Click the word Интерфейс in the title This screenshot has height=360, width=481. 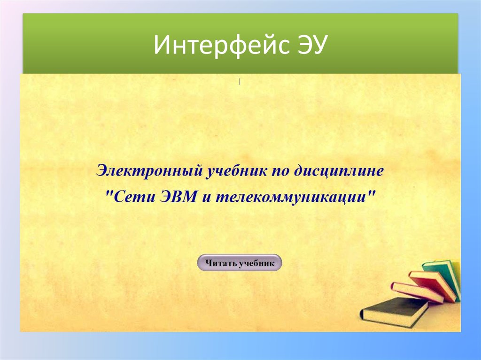point(219,46)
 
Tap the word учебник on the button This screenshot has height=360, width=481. point(256,264)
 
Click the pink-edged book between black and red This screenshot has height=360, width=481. point(416,292)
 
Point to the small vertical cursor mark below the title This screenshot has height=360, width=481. point(240,82)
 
